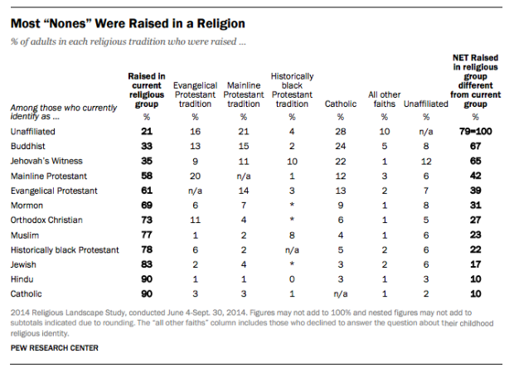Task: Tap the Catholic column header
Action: (x=342, y=104)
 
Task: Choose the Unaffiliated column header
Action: (x=422, y=104)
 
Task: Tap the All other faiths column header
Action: (x=384, y=99)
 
